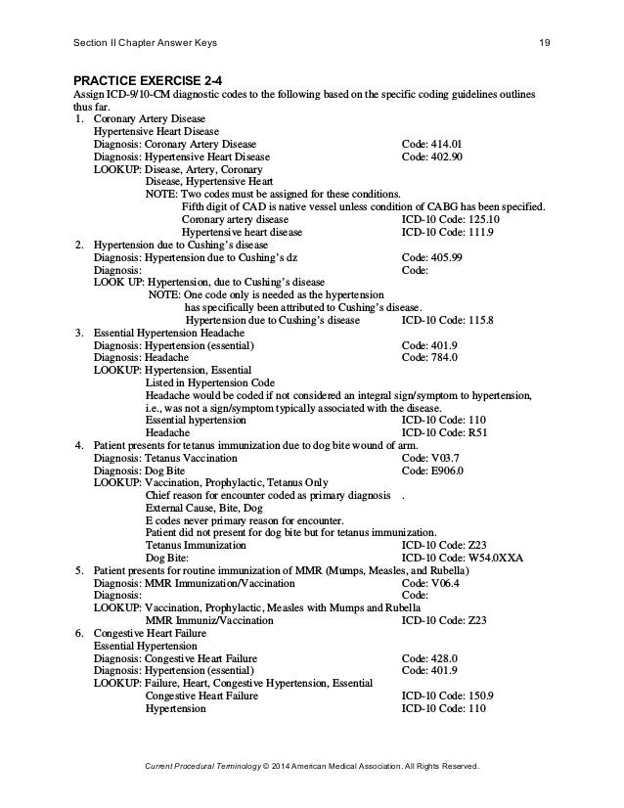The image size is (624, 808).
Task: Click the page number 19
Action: (x=547, y=42)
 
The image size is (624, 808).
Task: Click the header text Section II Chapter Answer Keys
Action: (x=146, y=42)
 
